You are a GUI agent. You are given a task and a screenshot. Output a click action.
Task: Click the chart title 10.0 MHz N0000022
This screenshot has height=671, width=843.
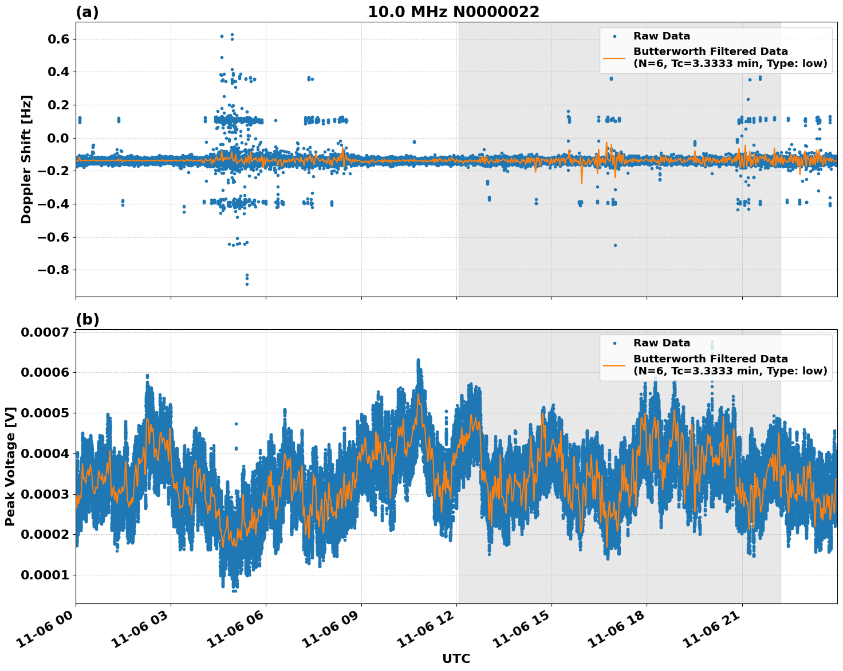(453, 12)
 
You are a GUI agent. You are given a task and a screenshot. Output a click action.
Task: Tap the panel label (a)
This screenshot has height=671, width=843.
(87, 12)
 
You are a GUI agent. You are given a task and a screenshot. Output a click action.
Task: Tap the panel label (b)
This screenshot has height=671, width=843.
(87, 319)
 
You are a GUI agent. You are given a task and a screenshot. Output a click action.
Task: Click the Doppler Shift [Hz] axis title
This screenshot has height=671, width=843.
(26, 159)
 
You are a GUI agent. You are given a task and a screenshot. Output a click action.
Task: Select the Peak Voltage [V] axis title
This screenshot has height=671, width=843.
(10, 466)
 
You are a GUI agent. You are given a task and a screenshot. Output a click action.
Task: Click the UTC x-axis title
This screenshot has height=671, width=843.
(456, 658)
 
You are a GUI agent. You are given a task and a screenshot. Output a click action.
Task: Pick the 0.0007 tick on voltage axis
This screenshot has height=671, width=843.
(45, 333)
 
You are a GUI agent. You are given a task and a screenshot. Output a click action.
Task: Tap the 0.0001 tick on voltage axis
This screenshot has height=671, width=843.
(45, 575)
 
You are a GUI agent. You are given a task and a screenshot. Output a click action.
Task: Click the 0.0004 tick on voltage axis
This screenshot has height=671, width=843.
(45, 453)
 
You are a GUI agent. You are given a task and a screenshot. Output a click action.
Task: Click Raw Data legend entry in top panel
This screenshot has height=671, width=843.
(661, 36)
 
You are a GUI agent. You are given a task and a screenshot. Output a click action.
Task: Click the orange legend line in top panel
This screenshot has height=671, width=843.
(614, 57)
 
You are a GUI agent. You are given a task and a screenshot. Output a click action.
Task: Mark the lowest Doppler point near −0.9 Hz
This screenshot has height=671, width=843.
(247, 284)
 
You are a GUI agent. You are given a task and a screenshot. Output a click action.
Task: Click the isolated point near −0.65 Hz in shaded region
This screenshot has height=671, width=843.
(615, 245)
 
